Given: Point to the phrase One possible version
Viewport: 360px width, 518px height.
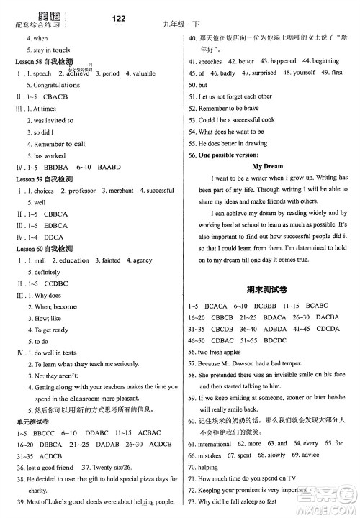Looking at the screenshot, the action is tap(231, 155).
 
